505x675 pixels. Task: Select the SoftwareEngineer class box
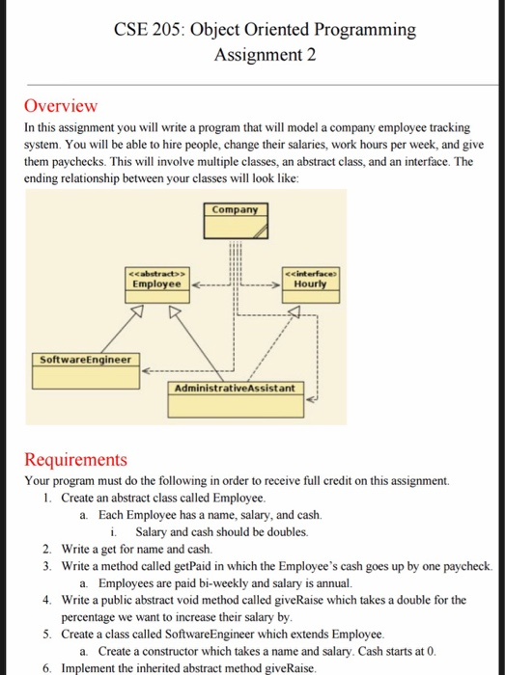[85, 360]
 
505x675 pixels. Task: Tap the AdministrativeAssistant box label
[237, 388]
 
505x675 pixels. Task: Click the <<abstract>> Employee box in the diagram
[154, 283]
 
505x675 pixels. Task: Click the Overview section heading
[61, 106]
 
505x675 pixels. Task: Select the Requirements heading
[75, 460]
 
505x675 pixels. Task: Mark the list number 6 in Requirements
[47, 667]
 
